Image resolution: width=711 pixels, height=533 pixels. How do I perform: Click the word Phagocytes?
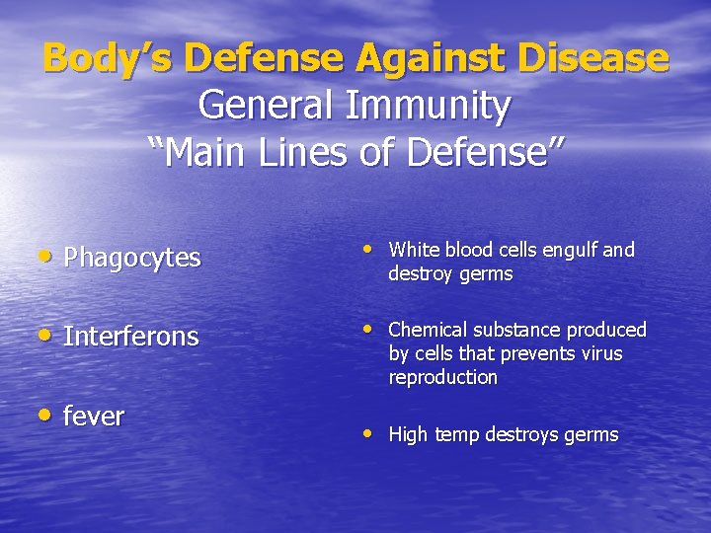(131, 259)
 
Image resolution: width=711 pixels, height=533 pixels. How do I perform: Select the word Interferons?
(130, 337)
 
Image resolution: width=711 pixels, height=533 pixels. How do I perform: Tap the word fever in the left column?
(94, 417)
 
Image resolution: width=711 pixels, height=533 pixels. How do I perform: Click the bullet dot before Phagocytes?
(49, 257)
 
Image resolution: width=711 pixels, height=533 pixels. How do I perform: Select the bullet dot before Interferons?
(49, 335)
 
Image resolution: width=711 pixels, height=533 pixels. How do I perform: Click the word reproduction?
(442, 377)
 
